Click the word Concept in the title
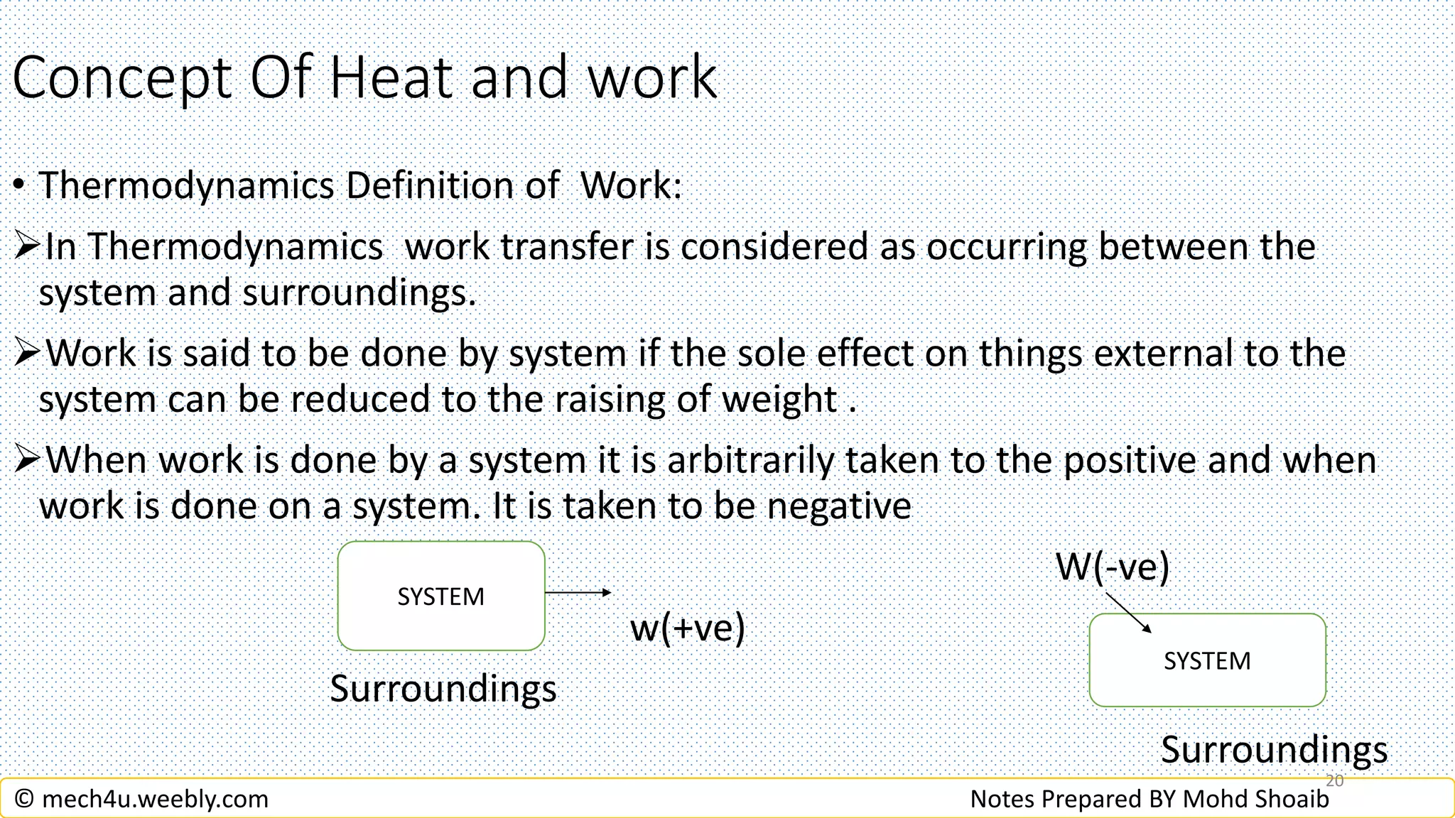[x=122, y=78]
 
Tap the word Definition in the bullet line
[x=430, y=186]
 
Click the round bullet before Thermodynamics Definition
[x=20, y=186]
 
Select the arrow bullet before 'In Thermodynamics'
[x=27, y=246]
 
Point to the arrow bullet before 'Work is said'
[x=27, y=352]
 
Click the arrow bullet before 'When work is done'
[x=27, y=459]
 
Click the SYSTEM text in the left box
[x=440, y=596]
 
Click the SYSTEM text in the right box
[x=1207, y=661]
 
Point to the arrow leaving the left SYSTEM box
[x=577, y=592]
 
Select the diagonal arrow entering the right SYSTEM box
[x=1129, y=613]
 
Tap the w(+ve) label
[x=687, y=628]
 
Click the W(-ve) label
[x=1112, y=567]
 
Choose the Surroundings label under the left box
[x=443, y=689]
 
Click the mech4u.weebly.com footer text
[x=155, y=799]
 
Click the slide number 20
[x=1334, y=780]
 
